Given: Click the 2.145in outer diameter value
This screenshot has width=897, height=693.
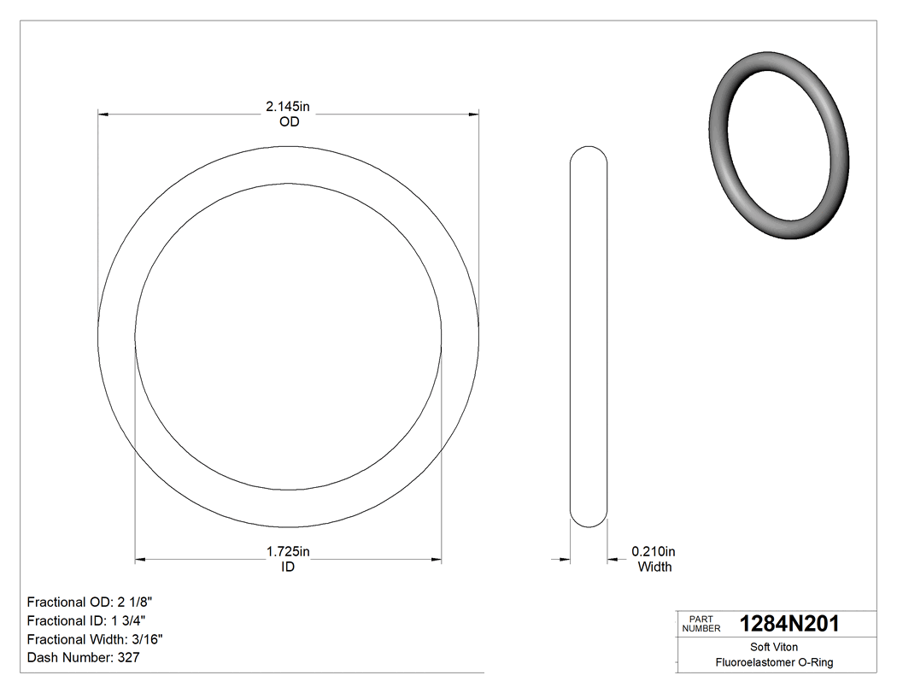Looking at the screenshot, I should point(288,107).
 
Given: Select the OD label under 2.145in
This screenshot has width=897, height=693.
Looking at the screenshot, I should point(289,122).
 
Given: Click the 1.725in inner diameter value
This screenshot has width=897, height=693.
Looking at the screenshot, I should point(288,552).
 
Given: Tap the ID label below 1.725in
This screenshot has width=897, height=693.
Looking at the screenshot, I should point(288,567).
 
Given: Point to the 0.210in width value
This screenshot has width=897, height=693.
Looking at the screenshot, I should point(654,552).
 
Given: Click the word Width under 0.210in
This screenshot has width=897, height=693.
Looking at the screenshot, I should point(654,567).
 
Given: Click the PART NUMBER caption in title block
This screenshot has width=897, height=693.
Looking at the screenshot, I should point(701,624).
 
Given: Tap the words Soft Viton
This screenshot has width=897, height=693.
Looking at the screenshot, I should point(774,648).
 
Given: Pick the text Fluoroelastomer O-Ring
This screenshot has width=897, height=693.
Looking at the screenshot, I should point(774,662).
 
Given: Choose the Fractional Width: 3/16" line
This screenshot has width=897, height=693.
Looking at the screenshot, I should point(95,639).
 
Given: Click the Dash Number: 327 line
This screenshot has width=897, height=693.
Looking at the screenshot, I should point(83,658).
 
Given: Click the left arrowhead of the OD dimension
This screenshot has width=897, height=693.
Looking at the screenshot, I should point(103,114).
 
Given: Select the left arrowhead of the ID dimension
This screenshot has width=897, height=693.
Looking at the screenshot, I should point(141,560).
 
